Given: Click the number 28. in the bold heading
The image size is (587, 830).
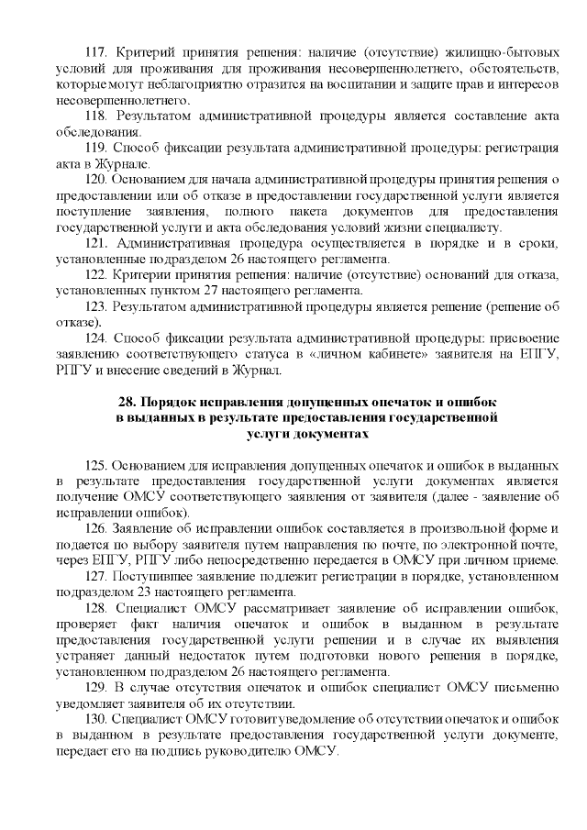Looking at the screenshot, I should click(129, 403).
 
